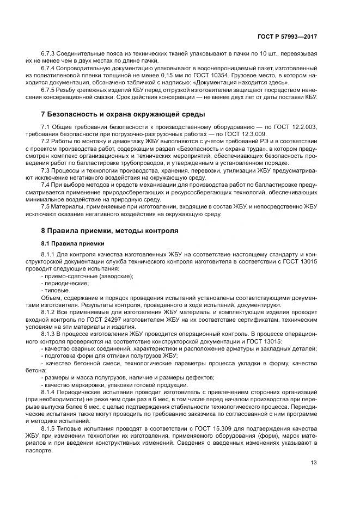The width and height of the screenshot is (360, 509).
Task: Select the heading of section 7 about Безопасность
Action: click(123, 114)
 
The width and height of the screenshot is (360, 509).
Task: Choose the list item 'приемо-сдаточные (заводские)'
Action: click(87, 276)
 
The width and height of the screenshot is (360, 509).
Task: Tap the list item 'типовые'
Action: click(57, 290)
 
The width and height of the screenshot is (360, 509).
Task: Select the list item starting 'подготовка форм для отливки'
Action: click(101, 354)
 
